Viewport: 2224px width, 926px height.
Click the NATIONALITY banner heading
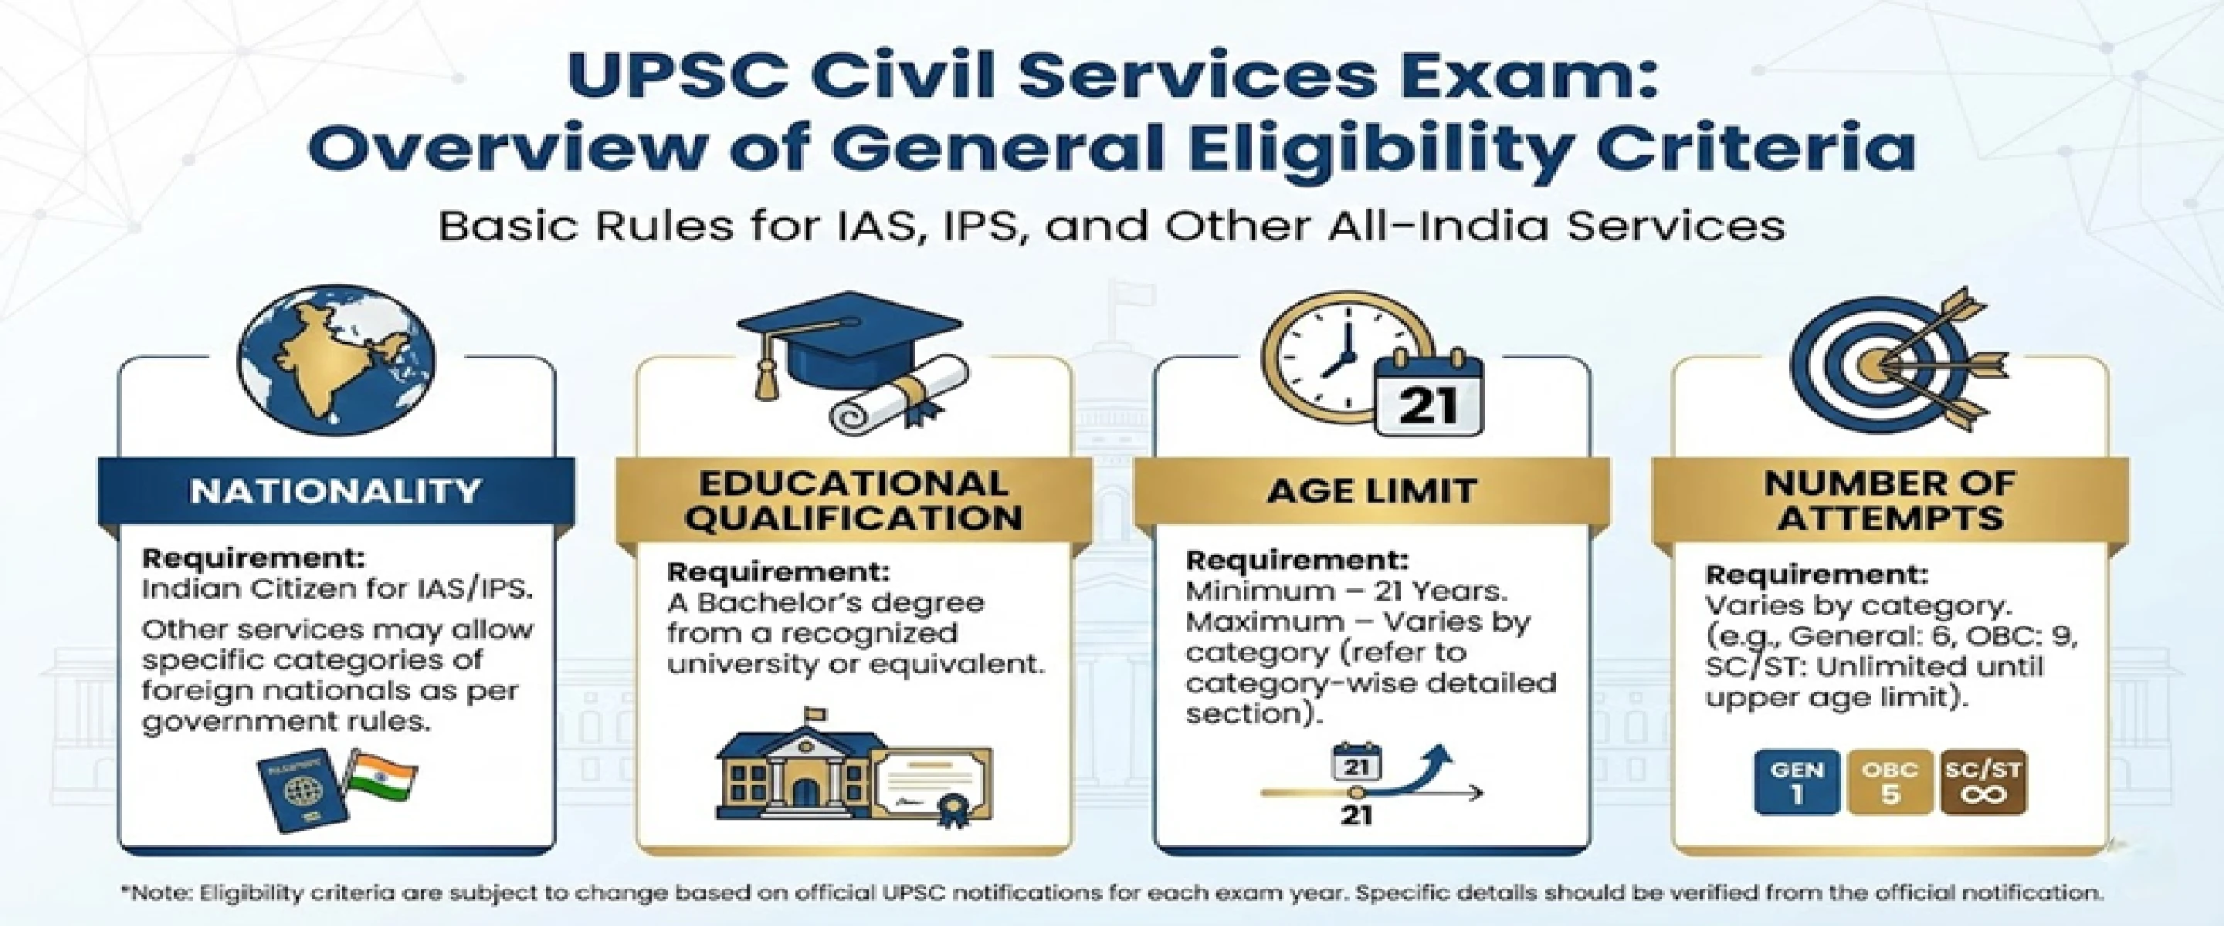point(335,491)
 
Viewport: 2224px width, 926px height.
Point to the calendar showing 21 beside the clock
point(1427,398)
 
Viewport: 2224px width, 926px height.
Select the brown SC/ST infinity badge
point(1983,782)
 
